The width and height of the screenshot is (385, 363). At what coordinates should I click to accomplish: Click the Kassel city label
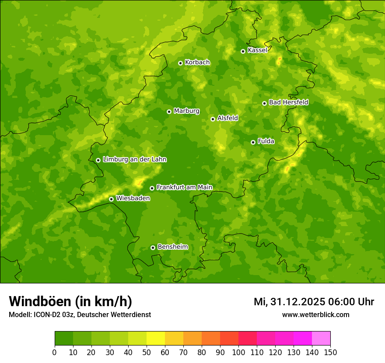[257, 50]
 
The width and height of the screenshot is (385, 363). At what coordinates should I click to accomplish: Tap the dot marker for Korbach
[180, 63]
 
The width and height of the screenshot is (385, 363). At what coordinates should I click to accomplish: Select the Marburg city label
[186, 111]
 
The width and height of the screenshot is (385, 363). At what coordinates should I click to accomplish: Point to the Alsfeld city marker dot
[213, 119]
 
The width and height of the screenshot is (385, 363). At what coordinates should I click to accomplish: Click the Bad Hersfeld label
[288, 102]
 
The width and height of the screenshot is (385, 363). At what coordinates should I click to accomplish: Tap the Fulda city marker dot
[253, 142]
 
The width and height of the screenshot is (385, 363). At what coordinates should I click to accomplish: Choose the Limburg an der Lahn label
[134, 160]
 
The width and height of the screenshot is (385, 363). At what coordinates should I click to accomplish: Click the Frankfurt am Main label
[184, 187]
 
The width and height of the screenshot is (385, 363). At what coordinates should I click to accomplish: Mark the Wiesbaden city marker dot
[111, 199]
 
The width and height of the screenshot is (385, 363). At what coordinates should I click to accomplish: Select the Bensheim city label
[172, 247]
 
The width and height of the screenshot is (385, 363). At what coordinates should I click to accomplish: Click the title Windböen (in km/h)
[70, 302]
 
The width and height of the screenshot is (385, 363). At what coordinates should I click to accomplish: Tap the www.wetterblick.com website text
[315, 314]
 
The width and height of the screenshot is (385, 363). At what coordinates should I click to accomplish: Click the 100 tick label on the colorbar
[238, 352]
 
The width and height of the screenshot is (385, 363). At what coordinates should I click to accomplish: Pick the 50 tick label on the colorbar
[147, 352]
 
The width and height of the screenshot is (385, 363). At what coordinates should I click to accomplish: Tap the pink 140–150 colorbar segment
[321, 338]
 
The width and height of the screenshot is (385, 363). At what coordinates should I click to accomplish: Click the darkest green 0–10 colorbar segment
[64, 338]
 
